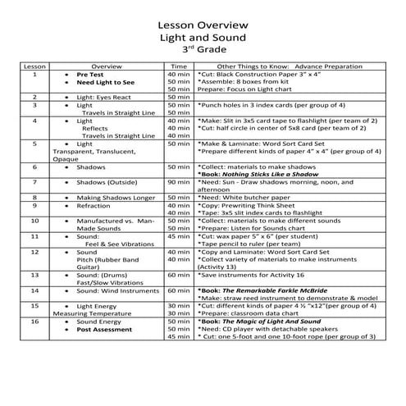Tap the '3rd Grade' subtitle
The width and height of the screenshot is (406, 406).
[203, 49]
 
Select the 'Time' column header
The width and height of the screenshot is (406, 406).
[178, 65]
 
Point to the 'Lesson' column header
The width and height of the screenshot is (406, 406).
[34, 65]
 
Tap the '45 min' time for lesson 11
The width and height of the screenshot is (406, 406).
[178, 235]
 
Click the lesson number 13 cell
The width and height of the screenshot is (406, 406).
[34, 275]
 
